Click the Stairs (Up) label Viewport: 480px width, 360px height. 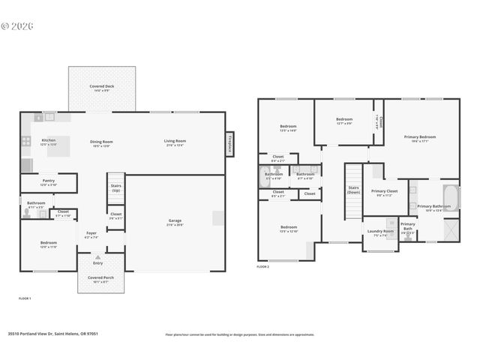coord(116,187)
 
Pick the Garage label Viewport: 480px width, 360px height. coord(175,222)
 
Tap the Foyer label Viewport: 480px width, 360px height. coord(91,234)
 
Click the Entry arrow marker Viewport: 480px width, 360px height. coord(97,256)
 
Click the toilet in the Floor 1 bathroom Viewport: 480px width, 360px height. coord(28,213)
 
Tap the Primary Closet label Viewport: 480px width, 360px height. coord(385,192)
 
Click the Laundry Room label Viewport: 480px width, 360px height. coord(379,232)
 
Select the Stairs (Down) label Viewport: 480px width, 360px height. coord(353,190)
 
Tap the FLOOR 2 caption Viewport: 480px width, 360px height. coord(263,266)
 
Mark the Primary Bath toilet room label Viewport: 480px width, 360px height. coord(407,226)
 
